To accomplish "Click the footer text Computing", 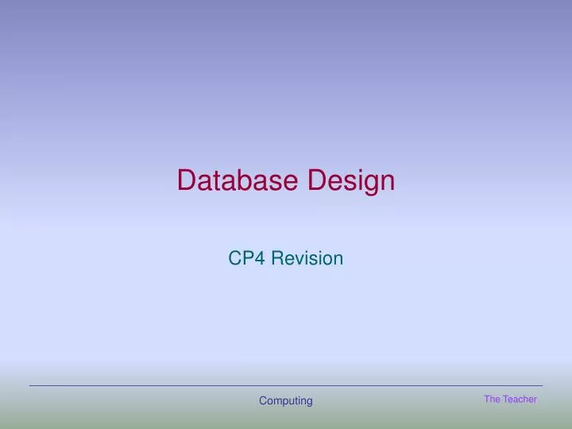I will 286,401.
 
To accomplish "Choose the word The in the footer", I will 492,399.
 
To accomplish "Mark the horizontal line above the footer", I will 286,386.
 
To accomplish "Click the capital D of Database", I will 187,180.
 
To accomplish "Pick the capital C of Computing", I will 263,401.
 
